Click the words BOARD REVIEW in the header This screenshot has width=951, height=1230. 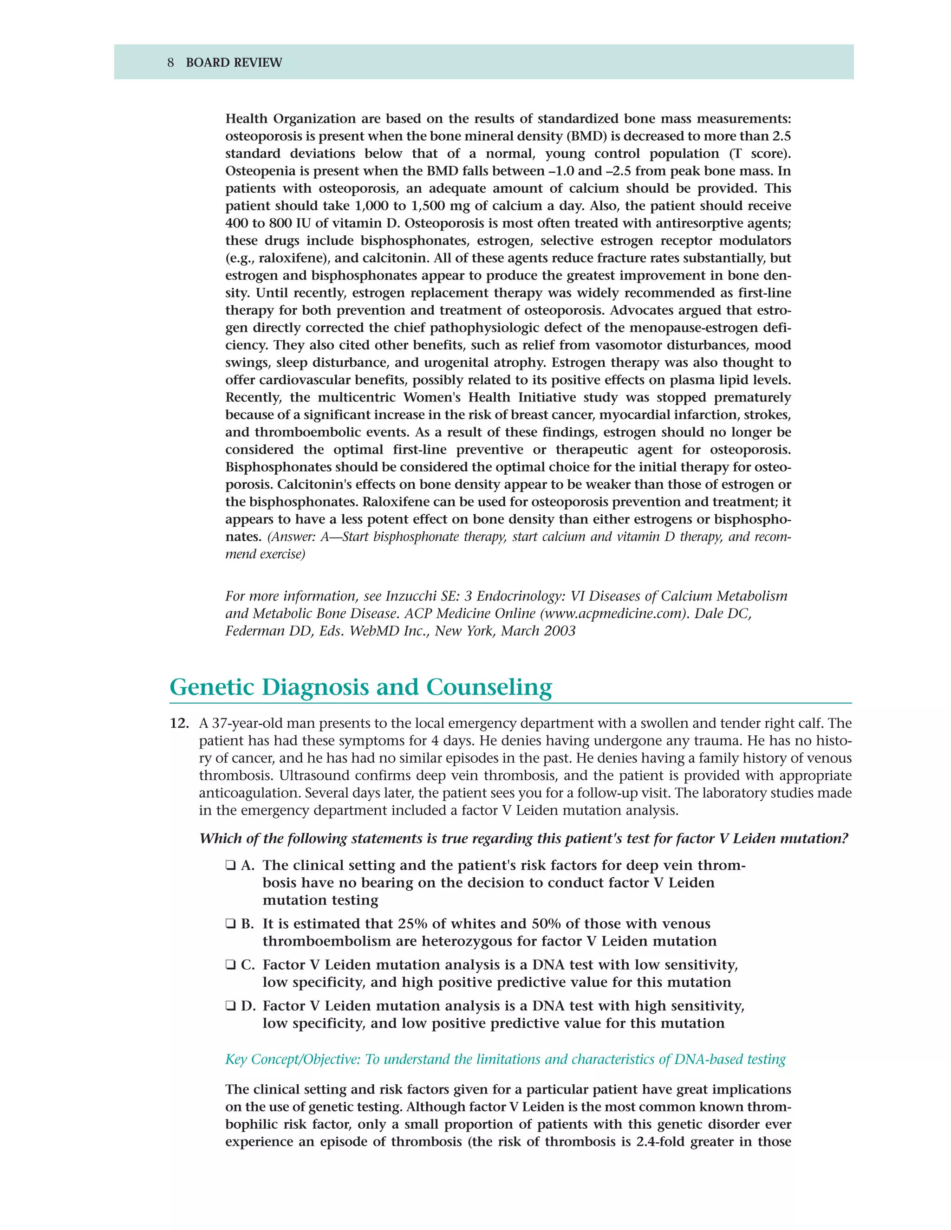pyautogui.click(x=234, y=63)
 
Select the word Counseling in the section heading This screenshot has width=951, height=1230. pyautogui.click(x=489, y=688)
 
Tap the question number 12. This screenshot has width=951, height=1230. pyautogui.click(x=179, y=724)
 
